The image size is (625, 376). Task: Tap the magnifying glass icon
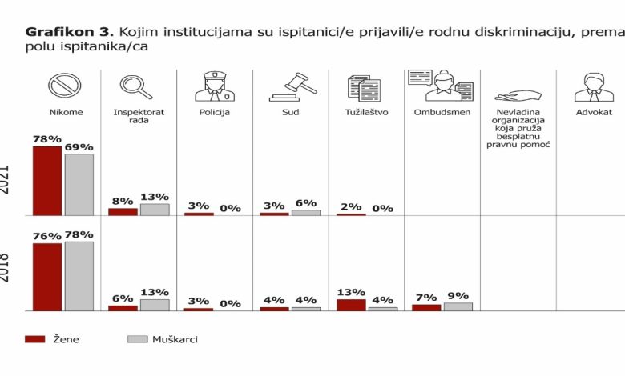135,86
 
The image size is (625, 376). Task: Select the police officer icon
214,86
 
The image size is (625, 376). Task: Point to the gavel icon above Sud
291,86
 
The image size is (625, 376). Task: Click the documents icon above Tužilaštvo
365,86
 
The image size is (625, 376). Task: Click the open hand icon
514,94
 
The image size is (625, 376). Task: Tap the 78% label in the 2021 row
46,139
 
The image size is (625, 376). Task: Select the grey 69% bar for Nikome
79,185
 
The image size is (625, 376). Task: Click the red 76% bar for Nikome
46,277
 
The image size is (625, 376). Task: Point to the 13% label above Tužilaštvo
351,292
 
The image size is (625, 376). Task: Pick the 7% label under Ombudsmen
426,297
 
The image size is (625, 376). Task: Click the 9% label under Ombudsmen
458,295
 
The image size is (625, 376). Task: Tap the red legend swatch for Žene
34,339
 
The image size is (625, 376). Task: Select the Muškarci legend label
175,339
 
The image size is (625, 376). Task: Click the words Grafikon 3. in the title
71,32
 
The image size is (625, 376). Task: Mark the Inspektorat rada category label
139,117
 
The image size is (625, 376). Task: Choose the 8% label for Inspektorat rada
123,202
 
